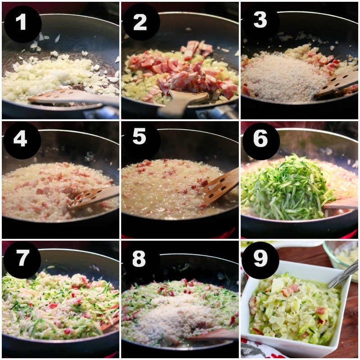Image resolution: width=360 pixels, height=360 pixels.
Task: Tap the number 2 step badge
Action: (x=141, y=22)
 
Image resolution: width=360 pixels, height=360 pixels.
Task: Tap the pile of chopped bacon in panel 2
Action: (x=184, y=69)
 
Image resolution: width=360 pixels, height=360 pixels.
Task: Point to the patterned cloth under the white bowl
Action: (x=264, y=346)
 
